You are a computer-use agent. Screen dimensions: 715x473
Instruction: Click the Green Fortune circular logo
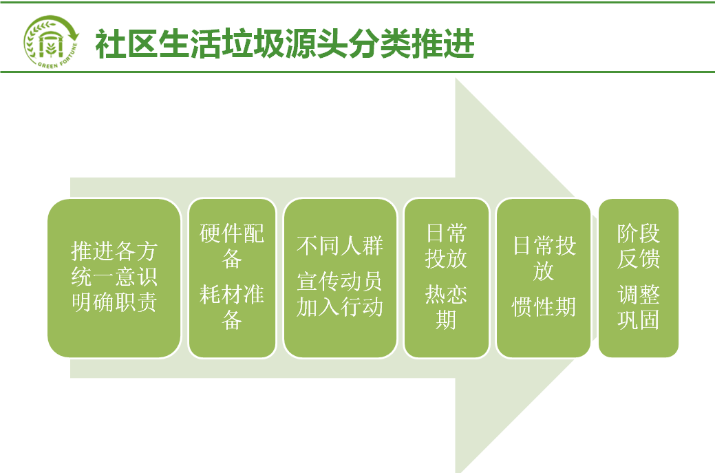tap(51, 42)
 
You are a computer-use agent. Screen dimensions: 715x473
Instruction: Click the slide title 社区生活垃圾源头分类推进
tap(285, 44)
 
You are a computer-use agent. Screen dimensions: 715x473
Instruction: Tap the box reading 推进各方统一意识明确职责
tap(114, 277)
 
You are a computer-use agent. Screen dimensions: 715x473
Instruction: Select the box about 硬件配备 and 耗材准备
tap(232, 277)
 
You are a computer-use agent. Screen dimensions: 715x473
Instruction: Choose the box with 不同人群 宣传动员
tap(340, 277)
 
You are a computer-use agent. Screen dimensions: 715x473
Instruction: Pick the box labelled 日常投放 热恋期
tap(447, 277)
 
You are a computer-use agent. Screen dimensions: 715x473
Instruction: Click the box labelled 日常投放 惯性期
tap(544, 277)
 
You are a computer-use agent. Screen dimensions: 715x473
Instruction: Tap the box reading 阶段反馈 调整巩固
tap(639, 277)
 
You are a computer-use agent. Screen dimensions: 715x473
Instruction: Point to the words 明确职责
tap(114, 302)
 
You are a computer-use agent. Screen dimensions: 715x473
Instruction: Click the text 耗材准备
tap(232, 307)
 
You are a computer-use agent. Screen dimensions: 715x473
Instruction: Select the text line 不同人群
tap(340, 246)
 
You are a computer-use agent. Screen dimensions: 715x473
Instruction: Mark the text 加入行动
tap(340, 306)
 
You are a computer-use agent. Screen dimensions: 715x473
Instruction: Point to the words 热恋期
tap(446, 307)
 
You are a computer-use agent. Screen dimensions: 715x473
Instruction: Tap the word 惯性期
tap(544, 306)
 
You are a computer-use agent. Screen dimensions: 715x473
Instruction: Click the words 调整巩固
tap(639, 307)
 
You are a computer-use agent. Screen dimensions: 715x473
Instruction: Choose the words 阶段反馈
tap(639, 246)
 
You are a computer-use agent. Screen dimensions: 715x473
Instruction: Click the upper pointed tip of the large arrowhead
tap(456, 78)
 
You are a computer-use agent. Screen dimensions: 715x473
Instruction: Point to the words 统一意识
tap(114, 276)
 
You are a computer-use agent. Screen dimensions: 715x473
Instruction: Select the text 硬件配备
tap(232, 246)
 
